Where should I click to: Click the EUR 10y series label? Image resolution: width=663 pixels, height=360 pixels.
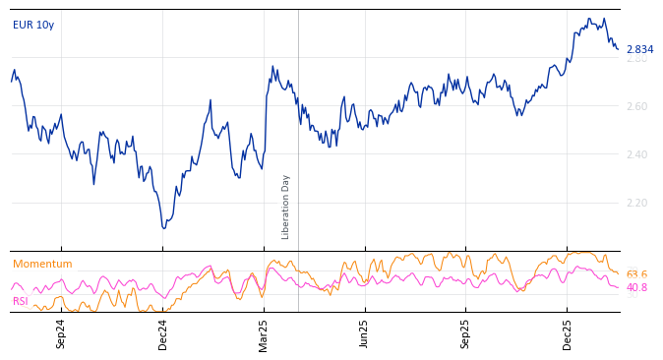click(33, 26)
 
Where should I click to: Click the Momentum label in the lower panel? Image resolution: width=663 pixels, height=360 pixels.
click(42, 265)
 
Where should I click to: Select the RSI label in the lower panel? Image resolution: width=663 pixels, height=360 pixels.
click(21, 302)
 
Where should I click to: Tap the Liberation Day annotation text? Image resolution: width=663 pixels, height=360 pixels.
click(286, 207)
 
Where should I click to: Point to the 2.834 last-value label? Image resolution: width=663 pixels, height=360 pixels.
click(639, 50)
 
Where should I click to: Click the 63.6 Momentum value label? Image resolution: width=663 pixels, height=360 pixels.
click(636, 275)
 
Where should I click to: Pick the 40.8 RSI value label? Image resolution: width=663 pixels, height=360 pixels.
click(636, 288)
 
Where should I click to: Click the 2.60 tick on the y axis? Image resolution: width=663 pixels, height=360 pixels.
click(636, 107)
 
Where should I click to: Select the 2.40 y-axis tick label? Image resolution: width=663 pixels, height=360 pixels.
click(636, 155)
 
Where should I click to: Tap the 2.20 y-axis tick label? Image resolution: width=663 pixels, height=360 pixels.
click(636, 204)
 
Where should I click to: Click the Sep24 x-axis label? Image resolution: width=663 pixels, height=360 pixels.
click(61, 333)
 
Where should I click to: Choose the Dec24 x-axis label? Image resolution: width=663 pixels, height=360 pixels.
click(163, 333)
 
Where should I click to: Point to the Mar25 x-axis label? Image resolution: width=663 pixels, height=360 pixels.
click(264, 333)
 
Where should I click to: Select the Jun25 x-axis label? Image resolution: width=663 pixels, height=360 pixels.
click(365, 333)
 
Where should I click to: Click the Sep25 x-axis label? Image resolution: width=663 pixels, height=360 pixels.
click(466, 333)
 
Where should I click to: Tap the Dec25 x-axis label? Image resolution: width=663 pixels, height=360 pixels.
click(568, 333)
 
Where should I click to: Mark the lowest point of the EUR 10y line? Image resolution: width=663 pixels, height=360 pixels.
click(164, 228)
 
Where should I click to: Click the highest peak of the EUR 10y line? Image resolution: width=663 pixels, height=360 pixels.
click(588, 18)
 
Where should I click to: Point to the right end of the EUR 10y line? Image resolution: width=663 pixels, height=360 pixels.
click(618, 48)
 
